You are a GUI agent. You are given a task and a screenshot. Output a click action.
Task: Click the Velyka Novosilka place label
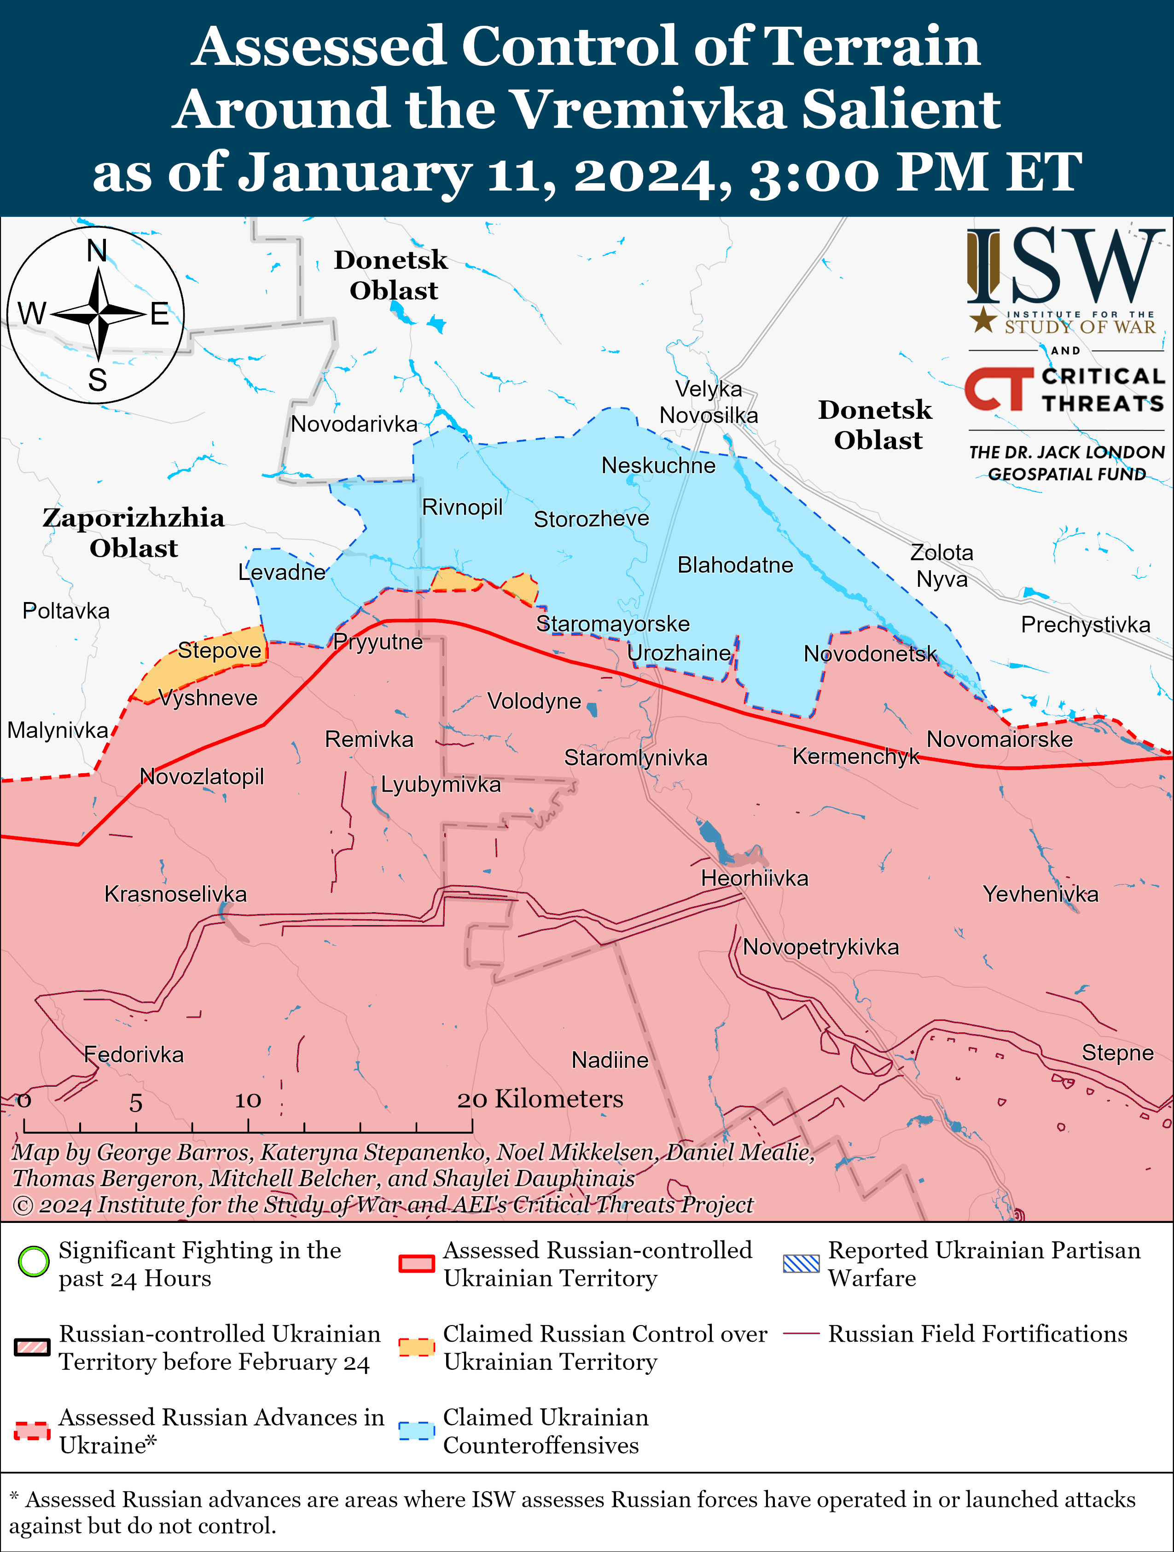tap(708, 402)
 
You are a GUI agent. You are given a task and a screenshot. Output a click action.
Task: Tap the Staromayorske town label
tap(613, 624)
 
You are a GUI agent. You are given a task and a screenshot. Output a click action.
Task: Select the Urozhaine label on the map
tap(679, 653)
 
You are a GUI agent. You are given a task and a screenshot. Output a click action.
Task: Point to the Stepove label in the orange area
tap(219, 650)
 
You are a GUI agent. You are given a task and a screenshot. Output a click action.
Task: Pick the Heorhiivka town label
tap(755, 879)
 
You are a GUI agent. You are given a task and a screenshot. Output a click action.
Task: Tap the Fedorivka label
tap(134, 1054)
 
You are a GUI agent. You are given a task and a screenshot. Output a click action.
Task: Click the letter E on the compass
tap(160, 313)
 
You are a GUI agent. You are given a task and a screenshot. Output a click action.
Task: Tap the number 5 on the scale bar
tap(135, 1103)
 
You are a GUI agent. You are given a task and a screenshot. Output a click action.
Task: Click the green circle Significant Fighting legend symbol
tap(33, 1262)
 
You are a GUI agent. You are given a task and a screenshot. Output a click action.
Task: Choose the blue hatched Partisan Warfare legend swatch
tap(801, 1263)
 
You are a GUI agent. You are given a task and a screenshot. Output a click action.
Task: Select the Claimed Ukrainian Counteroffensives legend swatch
tap(417, 1430)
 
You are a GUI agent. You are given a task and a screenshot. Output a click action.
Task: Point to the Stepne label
tap(1117, 1053)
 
